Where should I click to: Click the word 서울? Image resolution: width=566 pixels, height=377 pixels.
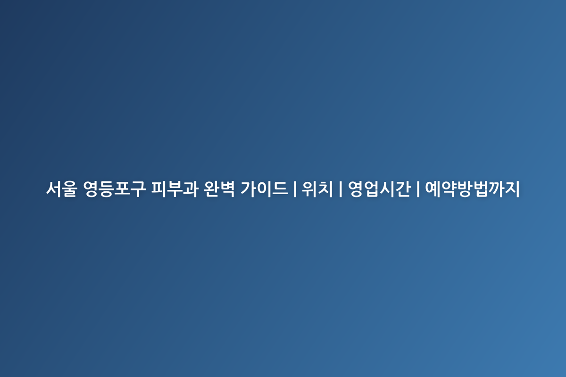pyautogui.click(x=62, y=188)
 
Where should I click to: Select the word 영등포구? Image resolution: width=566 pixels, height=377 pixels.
pyautogui.click(x=115, y=188)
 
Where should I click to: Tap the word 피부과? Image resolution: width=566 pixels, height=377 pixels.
pyautogui.click(x=175, y=188)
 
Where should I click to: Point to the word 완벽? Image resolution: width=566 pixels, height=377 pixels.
pyautogui.click(x=219, y=188)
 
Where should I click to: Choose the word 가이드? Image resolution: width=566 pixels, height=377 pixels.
pyautogui.click(x=264, y=188)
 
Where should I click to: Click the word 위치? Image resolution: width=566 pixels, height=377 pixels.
pyautogui.click(x=317, y=188)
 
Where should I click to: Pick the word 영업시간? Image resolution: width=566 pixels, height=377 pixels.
pyautogui.click(x=379, y=188)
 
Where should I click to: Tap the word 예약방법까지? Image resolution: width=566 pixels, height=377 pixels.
pyautogui.click(x=472, y=188)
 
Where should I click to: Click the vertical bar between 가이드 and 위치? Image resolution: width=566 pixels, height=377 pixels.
pyautogui.click(x=295, y=189)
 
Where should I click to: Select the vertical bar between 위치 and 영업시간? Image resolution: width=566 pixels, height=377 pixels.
pyautogui.click(x=341, y=189)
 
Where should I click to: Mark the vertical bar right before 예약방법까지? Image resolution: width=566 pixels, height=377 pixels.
pyautogui.click(x=418, y=189)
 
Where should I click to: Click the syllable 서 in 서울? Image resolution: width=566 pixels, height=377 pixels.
pyautogui.click(x=54, y=188)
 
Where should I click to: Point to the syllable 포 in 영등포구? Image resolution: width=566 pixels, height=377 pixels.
pyautogui.click(x=122, y=188)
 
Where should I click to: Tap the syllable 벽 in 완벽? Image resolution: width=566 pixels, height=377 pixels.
pyautogui.click(x=227, y=188)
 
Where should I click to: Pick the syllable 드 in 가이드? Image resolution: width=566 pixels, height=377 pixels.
pyautogui.click(x=280, y=189)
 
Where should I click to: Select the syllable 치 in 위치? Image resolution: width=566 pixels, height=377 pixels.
pyautogui.click(x=325, y=188)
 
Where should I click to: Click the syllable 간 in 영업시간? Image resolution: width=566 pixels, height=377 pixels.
pyautogui.click(x=403, y=188)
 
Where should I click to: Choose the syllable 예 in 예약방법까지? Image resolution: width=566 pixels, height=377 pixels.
pyautogui.click(x=433, y=188)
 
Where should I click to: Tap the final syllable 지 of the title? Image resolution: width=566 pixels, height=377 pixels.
pyautogui.click(x=512, y=188)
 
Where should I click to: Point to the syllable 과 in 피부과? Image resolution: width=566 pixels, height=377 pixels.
pyautogui.click(x=190, y=188)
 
